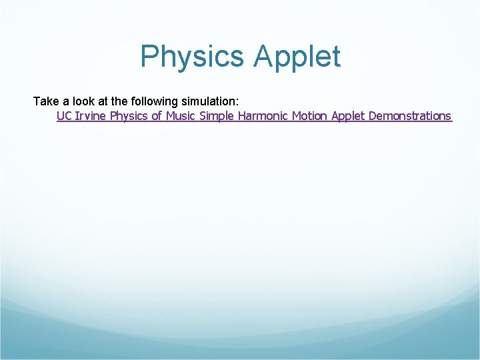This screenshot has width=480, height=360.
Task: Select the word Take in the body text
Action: click(46, 101)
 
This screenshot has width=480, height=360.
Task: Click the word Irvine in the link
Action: click(91, 116)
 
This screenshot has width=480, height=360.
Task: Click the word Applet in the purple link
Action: click(347, 116)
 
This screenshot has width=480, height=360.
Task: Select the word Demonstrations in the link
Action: click(409, 116)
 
